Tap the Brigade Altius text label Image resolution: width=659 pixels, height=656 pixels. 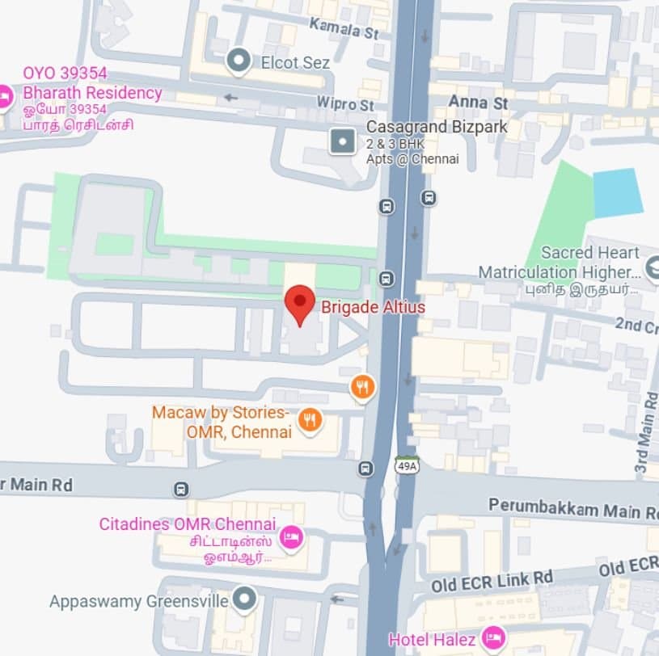pyautogui.click(x=373, y=307)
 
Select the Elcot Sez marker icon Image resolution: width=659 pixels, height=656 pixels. pyautogui.click(x=238, y=61)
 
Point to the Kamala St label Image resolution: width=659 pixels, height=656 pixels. pyautogui.click(x=344, y=29)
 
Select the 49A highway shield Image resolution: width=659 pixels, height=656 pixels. pyautogui.click(x=406, y=466)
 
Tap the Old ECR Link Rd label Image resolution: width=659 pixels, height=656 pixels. pyautogui.click(x=492, y=579)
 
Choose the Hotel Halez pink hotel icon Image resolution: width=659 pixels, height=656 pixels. pyautogui.click(x=492, y=639)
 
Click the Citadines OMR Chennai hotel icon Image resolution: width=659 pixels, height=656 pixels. pyautogui.click(x=290, y=536)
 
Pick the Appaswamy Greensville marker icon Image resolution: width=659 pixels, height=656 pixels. pyautogui.click(x=243, y=599)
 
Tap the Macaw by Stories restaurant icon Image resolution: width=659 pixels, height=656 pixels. pyautogui.click(x=309, y=419)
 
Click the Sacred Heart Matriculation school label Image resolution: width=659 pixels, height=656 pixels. pyautogui.click(x=559, y=262)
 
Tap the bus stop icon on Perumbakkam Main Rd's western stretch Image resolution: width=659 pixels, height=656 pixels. pyautogui.click(x=181, y=489)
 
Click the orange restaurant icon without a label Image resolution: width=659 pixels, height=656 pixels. pyautogui.click(x=363, y=387)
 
